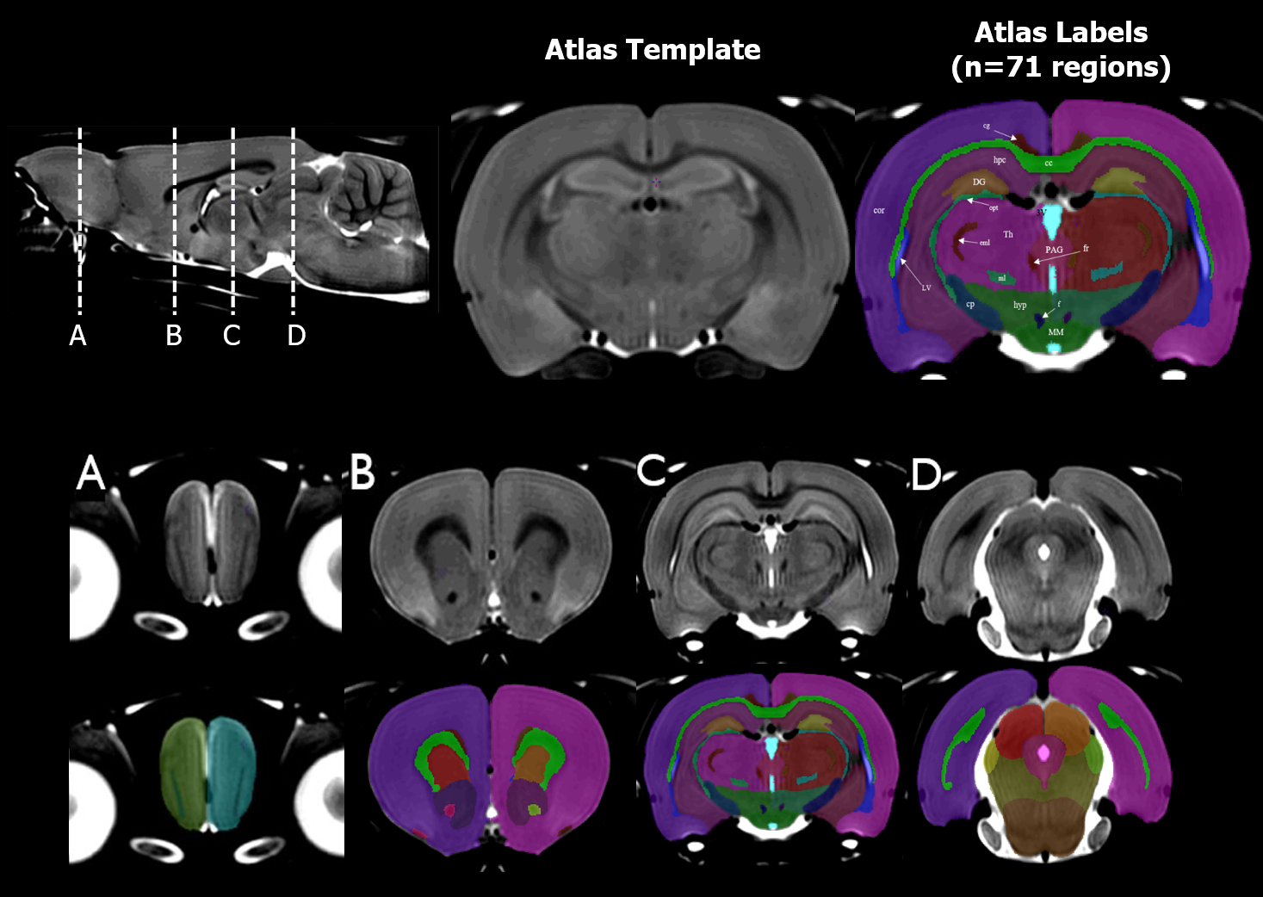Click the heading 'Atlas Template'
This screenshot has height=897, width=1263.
click(x=653, y=50)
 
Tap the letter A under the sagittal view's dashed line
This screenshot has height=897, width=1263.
click(x=78, y=335)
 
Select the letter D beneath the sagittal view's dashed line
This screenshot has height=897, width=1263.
click(x=296, y=335)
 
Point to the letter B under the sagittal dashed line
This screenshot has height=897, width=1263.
click(x=174, y=335)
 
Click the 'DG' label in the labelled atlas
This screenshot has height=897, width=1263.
click(x=979, y=182)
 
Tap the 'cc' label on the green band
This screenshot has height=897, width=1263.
click(x=1049, y=163)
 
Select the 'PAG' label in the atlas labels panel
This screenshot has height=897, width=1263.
click(x=1054, y=250)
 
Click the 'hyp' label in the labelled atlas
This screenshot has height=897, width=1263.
click(x=1020, y=305)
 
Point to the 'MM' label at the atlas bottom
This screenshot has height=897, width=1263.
click(x=1056, y=331)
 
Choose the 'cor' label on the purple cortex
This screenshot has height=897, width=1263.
click(x=879, y=210)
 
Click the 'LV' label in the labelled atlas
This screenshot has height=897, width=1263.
click(x=926, y=288)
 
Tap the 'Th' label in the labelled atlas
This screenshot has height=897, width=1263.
click(x=1008, y=234)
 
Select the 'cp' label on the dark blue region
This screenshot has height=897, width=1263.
click(x=970, y=304)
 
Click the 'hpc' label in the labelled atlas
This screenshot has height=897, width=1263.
click(x=1000, y=159)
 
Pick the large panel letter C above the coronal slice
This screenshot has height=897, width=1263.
click(x=652, y=470)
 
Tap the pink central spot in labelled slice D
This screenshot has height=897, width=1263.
click(x=1044, y=753)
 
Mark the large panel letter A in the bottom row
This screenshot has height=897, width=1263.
click(x=90, y=473)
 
